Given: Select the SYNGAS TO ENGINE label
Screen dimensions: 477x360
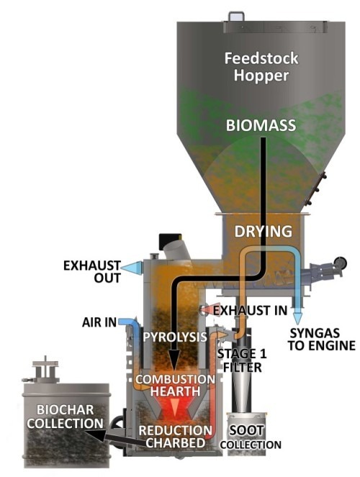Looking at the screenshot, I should pos(322,339).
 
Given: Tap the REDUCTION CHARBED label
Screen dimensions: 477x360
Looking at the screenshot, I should pos(173,437).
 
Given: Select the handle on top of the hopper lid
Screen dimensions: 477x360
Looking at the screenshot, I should pos(237,14).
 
